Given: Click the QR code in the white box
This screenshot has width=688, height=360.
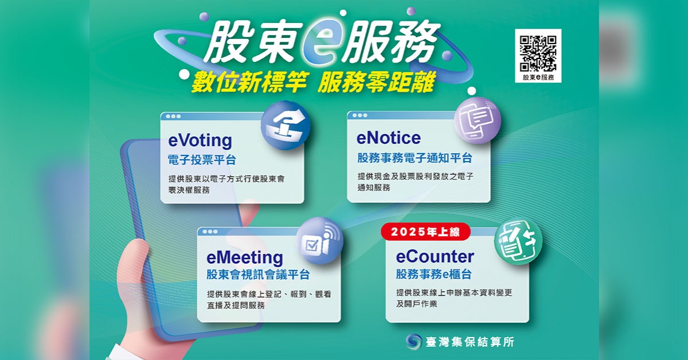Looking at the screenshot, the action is [x=538, y=54].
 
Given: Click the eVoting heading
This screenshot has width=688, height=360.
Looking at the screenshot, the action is [x=200, y=140].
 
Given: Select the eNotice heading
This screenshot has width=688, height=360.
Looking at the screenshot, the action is [x=389, y=138].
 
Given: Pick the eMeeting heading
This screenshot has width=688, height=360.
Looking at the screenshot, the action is [x=245, y=257].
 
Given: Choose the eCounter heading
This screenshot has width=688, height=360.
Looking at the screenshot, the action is [x=435, y=256].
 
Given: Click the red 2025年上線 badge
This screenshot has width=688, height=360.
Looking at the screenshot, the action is [x=425, y=232].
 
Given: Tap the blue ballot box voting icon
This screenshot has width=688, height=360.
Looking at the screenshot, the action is [x=286, y=126].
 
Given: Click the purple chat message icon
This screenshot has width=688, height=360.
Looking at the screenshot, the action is [x=477, y=120].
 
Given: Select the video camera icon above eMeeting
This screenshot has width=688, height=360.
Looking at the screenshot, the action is [x=320, y=241].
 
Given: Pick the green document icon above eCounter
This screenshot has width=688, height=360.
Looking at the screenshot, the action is [x=518, y=241].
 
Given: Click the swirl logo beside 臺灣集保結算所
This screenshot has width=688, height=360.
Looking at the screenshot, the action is [x=414, y=341].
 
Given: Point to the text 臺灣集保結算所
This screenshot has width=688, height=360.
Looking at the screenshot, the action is [x=470, y=342].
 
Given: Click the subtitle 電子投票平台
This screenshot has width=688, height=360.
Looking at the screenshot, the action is [x=202, y=160].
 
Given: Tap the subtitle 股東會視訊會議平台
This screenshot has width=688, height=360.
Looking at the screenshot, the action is [x=257, y=275].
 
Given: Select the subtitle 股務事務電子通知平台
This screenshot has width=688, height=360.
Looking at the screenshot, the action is [x=415, y=158].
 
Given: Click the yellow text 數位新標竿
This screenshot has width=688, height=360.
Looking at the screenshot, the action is [x=249, y=83].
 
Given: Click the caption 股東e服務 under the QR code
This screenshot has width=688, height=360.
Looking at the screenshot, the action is [x=538, y=77].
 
